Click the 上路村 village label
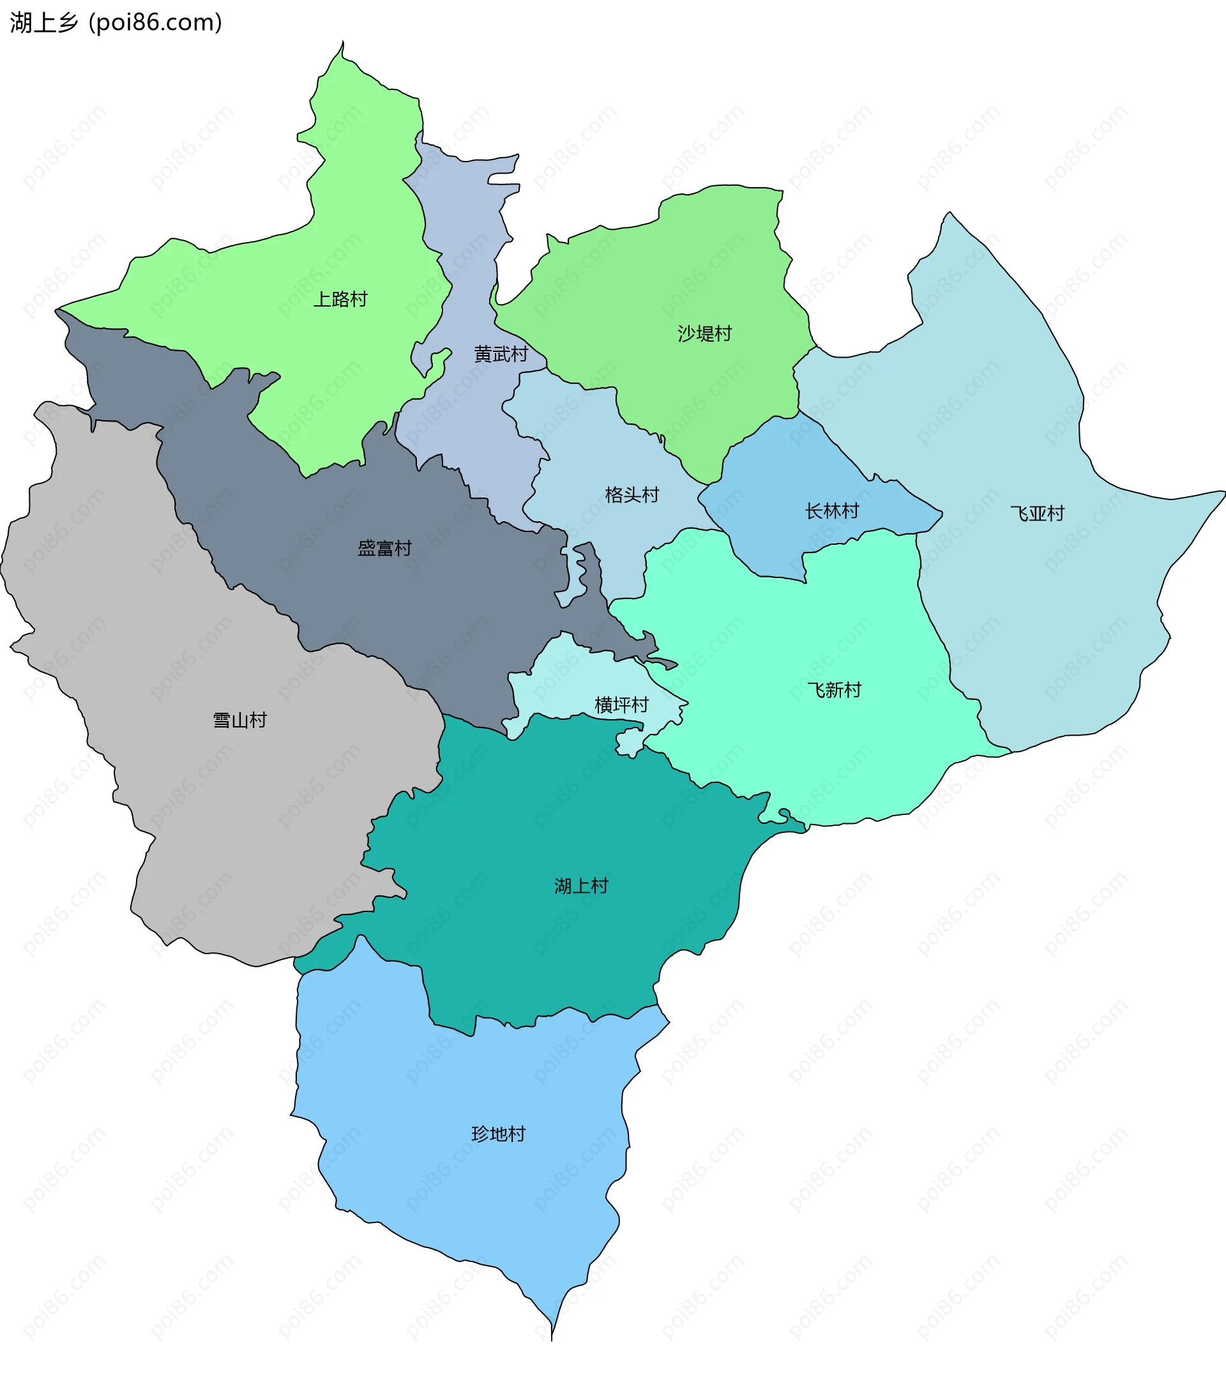tap(340, 299)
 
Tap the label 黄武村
tap(501, 354)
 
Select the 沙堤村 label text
tap(704, 333)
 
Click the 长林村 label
tap(832, 512)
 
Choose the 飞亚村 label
tap(1038, 514)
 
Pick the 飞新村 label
tap(834, 690)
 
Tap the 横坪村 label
tap(621, 705)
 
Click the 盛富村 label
tap(384, 549)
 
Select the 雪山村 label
tap(240, 720)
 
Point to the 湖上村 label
tap(580, 886)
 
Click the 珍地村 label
tap(498, 1134)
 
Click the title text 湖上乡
tap(44, 22)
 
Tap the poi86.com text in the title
tap(155, 22)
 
